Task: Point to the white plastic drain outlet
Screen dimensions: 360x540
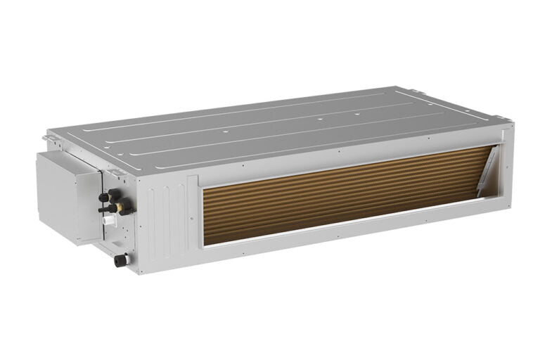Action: click(108, 220)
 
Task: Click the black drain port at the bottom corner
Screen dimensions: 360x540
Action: click(120, 260)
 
